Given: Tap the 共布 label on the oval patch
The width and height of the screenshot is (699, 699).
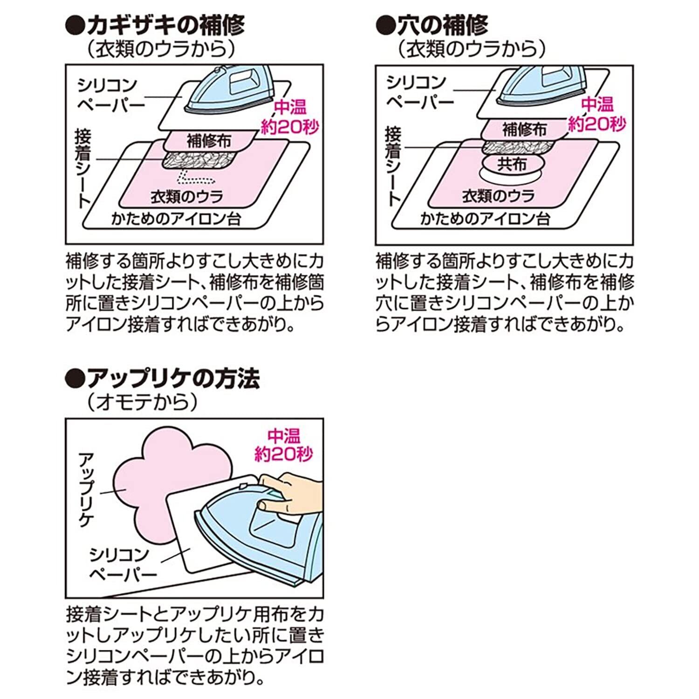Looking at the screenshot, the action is click(x=512, y=164).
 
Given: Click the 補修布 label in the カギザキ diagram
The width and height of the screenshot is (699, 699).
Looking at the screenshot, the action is click(x=209, y=140).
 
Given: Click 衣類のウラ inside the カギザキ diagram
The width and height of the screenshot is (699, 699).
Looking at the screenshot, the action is click(x=186, y=196).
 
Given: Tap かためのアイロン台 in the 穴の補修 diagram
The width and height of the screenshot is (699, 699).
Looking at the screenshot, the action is click(x=485, y=219).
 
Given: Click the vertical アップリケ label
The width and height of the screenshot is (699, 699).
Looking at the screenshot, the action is click(x=86, y=489).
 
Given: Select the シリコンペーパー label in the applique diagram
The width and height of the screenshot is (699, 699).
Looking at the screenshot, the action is click(x=123, y=563).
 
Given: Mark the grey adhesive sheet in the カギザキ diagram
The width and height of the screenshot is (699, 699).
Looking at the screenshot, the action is click(x=198, y=160).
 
